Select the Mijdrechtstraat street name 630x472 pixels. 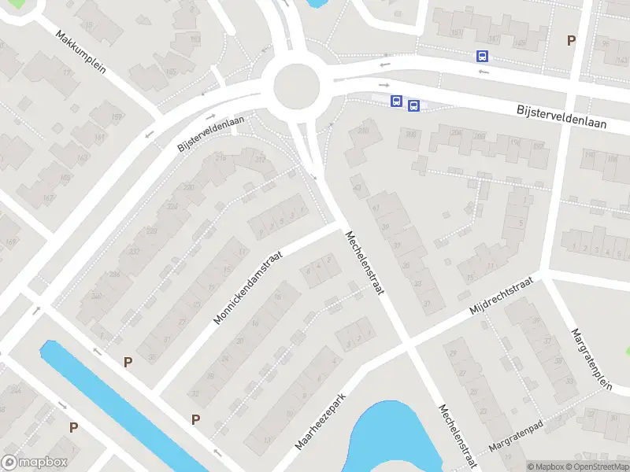(x=501, y=299)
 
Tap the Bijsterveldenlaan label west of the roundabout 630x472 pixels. (x=211, y=134)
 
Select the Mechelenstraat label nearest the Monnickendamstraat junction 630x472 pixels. (x=363, y=263)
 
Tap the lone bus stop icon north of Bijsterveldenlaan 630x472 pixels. (x=482, y=56)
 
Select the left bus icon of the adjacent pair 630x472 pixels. (x=396, y=101)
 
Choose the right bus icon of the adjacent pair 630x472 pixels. (x=413, y=105)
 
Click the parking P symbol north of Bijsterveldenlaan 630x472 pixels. (x=572, y=40)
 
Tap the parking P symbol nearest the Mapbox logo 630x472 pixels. (x=73, y=427)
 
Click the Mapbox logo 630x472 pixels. (x=35, y=463)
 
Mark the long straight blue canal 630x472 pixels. (x=118, y=401)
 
